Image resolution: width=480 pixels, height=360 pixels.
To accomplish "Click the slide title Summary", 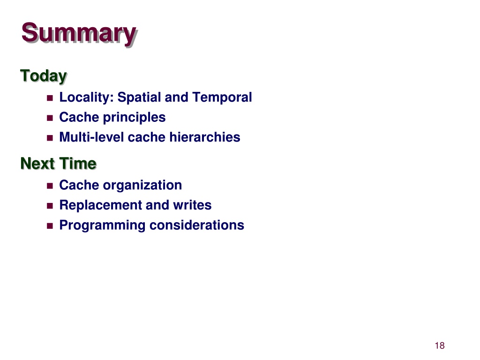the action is [79, 34].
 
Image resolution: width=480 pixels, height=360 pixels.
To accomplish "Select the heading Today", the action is [44, 76].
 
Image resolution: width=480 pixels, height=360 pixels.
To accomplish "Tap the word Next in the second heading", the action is [37, 164].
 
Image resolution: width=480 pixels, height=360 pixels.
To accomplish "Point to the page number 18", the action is [440, 345].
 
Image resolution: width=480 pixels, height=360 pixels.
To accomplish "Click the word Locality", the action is [86, 97].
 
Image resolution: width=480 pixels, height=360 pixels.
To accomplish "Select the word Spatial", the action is [139, 97].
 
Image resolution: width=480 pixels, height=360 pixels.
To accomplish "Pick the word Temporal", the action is [222, 97].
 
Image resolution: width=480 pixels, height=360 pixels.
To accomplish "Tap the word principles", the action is [134, 118].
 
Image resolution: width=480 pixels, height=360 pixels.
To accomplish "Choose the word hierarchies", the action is [204, 137].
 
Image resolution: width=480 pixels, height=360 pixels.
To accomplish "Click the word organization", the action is [142, 186].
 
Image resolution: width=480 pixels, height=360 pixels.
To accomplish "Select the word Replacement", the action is [100, 205].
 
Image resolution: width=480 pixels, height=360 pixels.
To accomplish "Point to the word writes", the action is [192, 205].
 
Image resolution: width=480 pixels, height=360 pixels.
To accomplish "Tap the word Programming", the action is [102, 225].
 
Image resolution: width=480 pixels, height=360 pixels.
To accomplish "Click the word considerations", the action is [197, 225].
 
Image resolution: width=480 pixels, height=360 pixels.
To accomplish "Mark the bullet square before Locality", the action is [50, 98].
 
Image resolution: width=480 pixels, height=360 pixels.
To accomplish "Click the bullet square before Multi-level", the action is [50, 138].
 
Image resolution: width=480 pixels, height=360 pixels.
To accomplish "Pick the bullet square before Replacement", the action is [50, 206].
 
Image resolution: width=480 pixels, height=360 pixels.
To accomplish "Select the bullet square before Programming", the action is [50, 226].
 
